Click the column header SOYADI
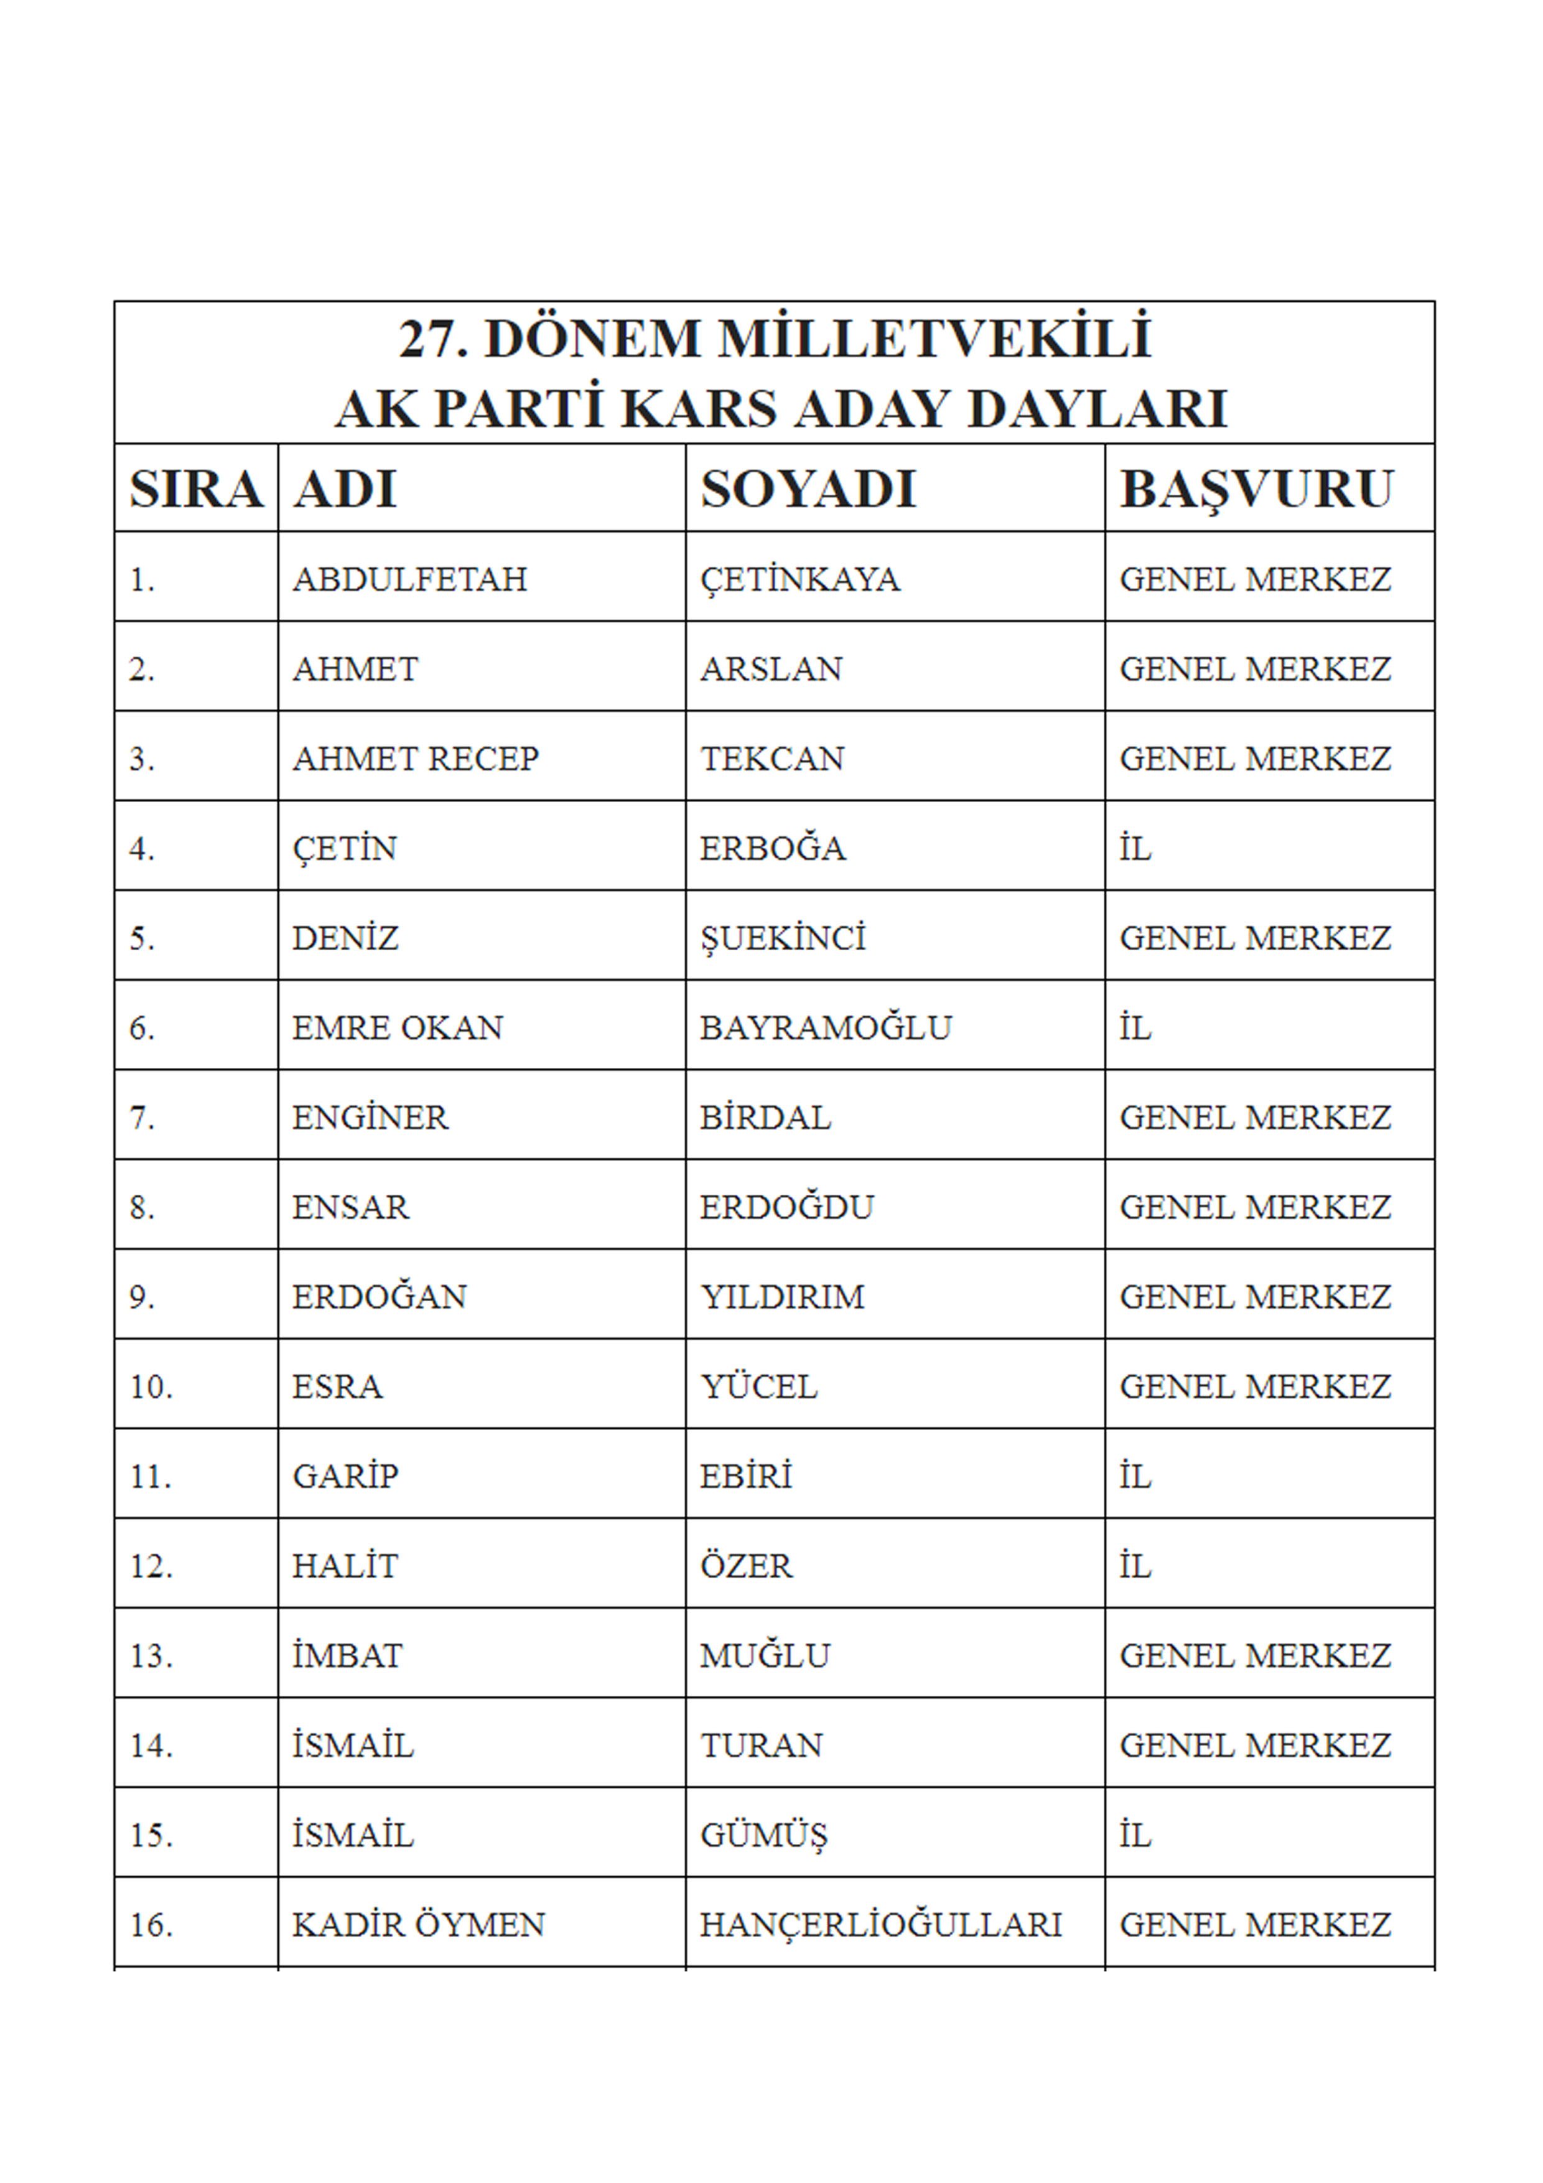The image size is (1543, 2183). point(808,490)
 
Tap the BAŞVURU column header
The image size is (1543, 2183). point(1256,490)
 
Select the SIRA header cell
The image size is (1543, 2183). point(196,490)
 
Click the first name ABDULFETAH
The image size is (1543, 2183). point(410,579)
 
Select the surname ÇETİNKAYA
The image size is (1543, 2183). point(799,579)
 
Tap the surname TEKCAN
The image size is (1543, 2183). point(772,759)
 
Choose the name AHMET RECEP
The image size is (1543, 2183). point(416,759)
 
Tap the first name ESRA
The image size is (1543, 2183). point(337,1387)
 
